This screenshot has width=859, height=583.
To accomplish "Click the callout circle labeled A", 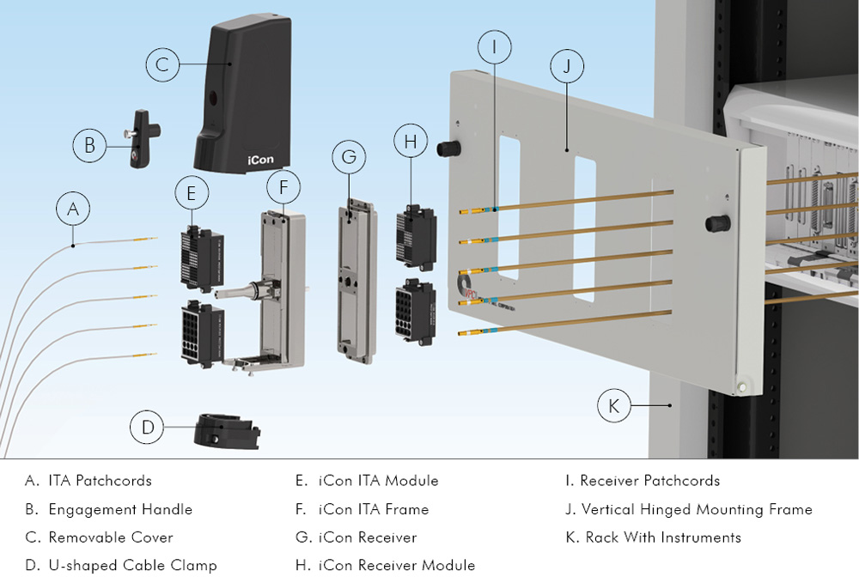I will pyautogui.click(x=73, y=209).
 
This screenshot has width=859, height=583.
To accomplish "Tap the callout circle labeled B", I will pyautogui.click(x=89, y=146).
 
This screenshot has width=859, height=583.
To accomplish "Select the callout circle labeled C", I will pyautogui.click(x=162, y=65).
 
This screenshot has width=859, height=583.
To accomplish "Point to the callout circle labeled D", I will pyautogui.click(x=148, y=428).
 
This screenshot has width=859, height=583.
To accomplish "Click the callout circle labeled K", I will pyautogui.click(x=613, y=405).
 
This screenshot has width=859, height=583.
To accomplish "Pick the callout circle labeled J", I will pyautogui.click(x=567, y=66).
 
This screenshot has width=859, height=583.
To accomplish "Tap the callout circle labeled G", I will pyautogui.click(x=349, y=158).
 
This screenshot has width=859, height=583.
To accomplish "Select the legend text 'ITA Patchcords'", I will pyautogui.click(x=100, y=481).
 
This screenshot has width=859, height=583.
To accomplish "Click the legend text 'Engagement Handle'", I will pyautogui.click(x=120, y=509).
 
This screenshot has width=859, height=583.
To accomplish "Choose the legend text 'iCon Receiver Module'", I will pyautogui.click(x=397, y=565).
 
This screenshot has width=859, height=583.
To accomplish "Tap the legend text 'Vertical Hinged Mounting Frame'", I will pyautogui.click(x=697, y=509).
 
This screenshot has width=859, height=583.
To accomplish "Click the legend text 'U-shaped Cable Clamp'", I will pyautogui.click(x=132, y=565).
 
